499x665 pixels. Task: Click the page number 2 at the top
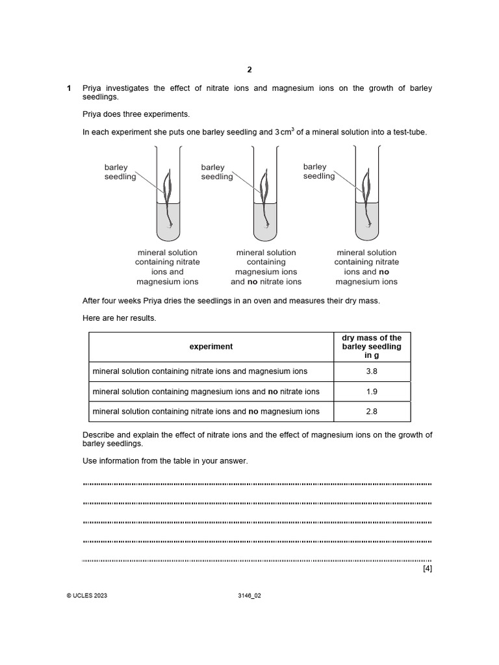[x=249, y=69]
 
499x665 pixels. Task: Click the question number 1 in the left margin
[x=69, y=88]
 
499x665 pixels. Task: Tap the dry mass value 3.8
[x=372, y=371]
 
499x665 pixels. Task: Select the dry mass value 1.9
[x=372, y=392]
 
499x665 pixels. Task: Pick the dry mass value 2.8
[x=372, y=411]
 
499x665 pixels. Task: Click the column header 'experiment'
[x=211, y=347]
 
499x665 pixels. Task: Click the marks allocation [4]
[x=427, y=569]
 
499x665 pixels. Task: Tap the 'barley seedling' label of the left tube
[x=120, y=172]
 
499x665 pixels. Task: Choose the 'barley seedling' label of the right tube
[x=318, y=171]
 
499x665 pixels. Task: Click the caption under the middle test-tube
[x=266, y=267]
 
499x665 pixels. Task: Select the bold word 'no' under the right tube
[x=384, y=272]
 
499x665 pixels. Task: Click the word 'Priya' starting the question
[x=93, y=88]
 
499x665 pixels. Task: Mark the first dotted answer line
[x=257, y=484]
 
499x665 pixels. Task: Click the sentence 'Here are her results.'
[x=120, y=318]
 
